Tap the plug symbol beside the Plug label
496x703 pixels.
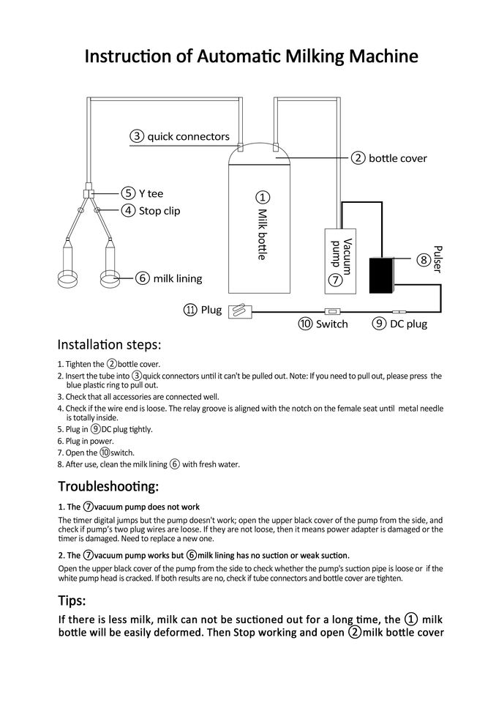coord(240,310)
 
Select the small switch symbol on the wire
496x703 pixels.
coord(330,311)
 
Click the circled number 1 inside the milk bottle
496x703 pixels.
coord(263,197)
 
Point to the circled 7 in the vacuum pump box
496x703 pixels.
coord(334,279)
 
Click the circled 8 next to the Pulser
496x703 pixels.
coord(423,260)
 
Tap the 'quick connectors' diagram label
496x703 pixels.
coord(188,136)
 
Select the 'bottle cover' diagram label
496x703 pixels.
coord(397,158)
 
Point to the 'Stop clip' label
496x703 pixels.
coord(159,211)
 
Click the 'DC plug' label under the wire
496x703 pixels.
coord(408,324)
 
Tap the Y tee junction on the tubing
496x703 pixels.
coord(87,193)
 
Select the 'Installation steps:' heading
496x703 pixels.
coord(109,344)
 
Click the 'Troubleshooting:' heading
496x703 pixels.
coord(108,486)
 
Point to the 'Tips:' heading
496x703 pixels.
coord(72,601)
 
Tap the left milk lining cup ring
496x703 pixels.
coord(69,279)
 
